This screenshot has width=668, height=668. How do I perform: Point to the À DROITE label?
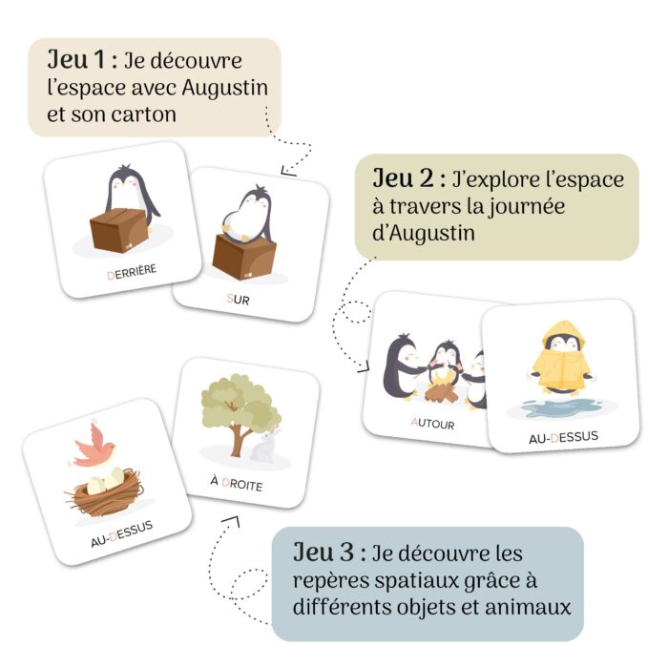coord(237,484)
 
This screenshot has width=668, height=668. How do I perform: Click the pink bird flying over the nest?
coord(94,444)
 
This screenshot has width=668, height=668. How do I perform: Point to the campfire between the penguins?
coord(441,389)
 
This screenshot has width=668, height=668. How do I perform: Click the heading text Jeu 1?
coord(78,60)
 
